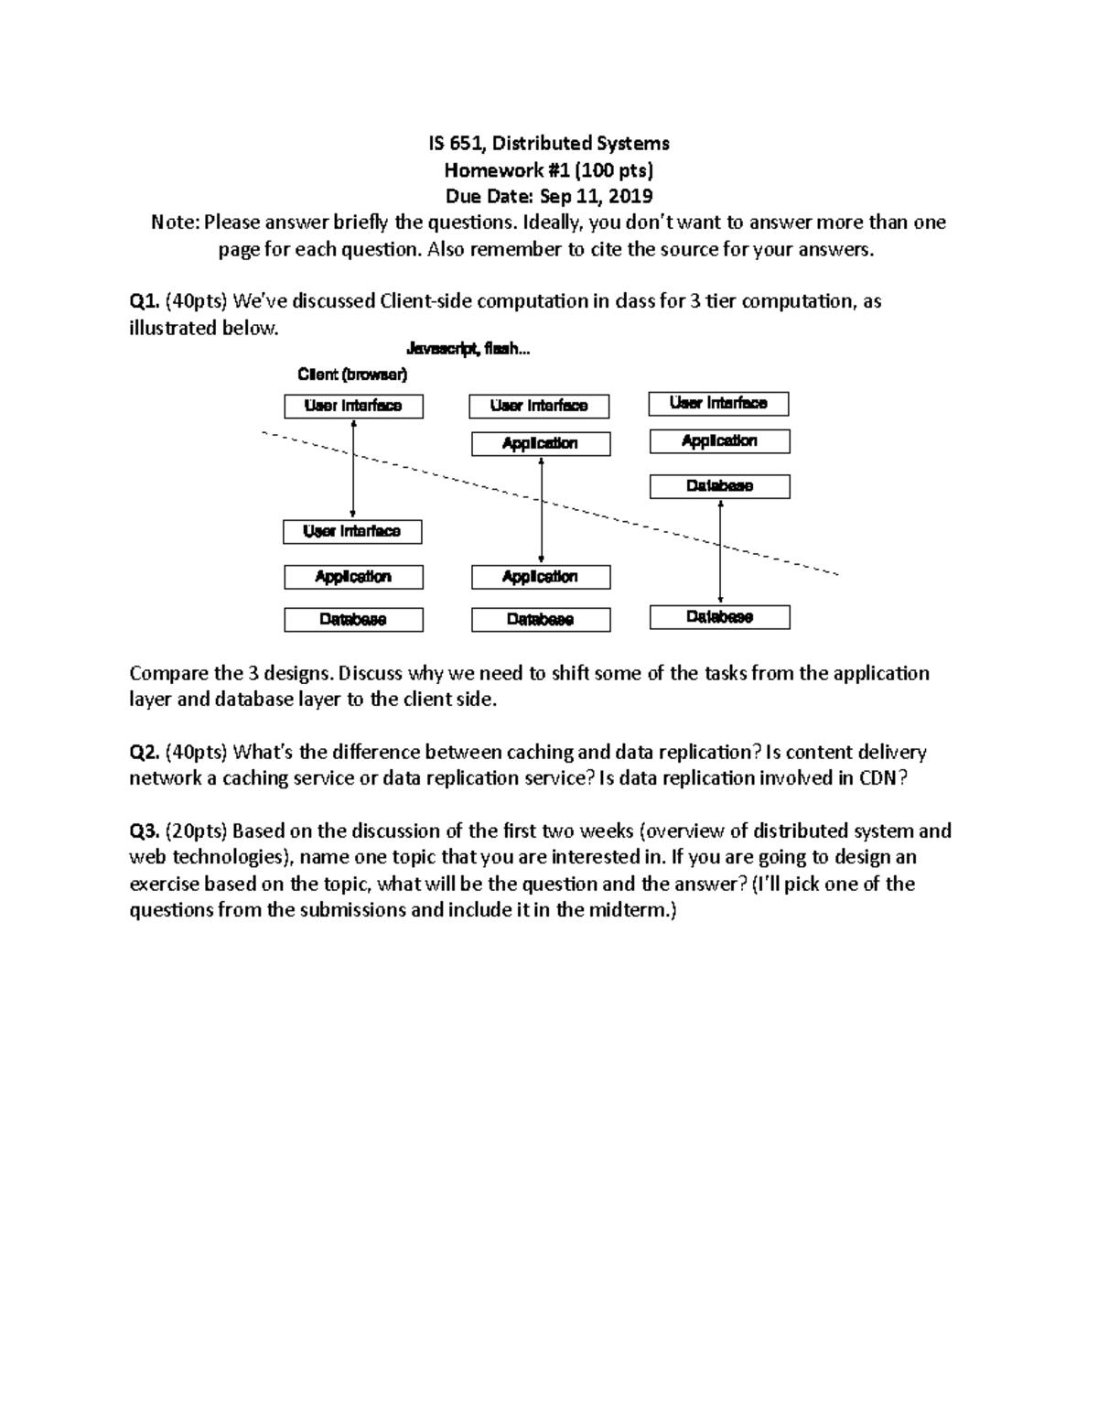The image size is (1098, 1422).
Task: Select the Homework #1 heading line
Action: (548, 170)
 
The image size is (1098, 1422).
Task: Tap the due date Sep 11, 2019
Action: (596, 197)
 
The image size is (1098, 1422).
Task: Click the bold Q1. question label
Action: (145, 301)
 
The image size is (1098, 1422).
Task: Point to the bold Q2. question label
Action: (145, 753)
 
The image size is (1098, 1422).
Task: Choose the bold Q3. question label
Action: (145, 831)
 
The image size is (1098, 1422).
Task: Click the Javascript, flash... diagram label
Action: (468, 349)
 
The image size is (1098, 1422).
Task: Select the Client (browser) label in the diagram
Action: (352, 374)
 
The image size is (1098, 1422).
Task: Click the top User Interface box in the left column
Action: (353, 406)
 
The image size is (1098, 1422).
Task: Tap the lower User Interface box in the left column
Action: (352, 531)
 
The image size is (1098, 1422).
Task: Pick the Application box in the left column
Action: (353, 577)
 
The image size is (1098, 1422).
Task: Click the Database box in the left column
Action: (353, 620)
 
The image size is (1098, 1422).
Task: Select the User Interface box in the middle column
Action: (539, 406)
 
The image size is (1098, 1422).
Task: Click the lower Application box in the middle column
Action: (540, 577)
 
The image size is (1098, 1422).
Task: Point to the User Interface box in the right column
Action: (718, 403)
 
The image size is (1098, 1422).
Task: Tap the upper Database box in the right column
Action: (719, 486)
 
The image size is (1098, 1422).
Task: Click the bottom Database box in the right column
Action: (719, 617)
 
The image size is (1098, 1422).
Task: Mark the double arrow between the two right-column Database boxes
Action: (721, 551)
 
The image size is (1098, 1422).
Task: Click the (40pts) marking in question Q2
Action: (197, 753)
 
